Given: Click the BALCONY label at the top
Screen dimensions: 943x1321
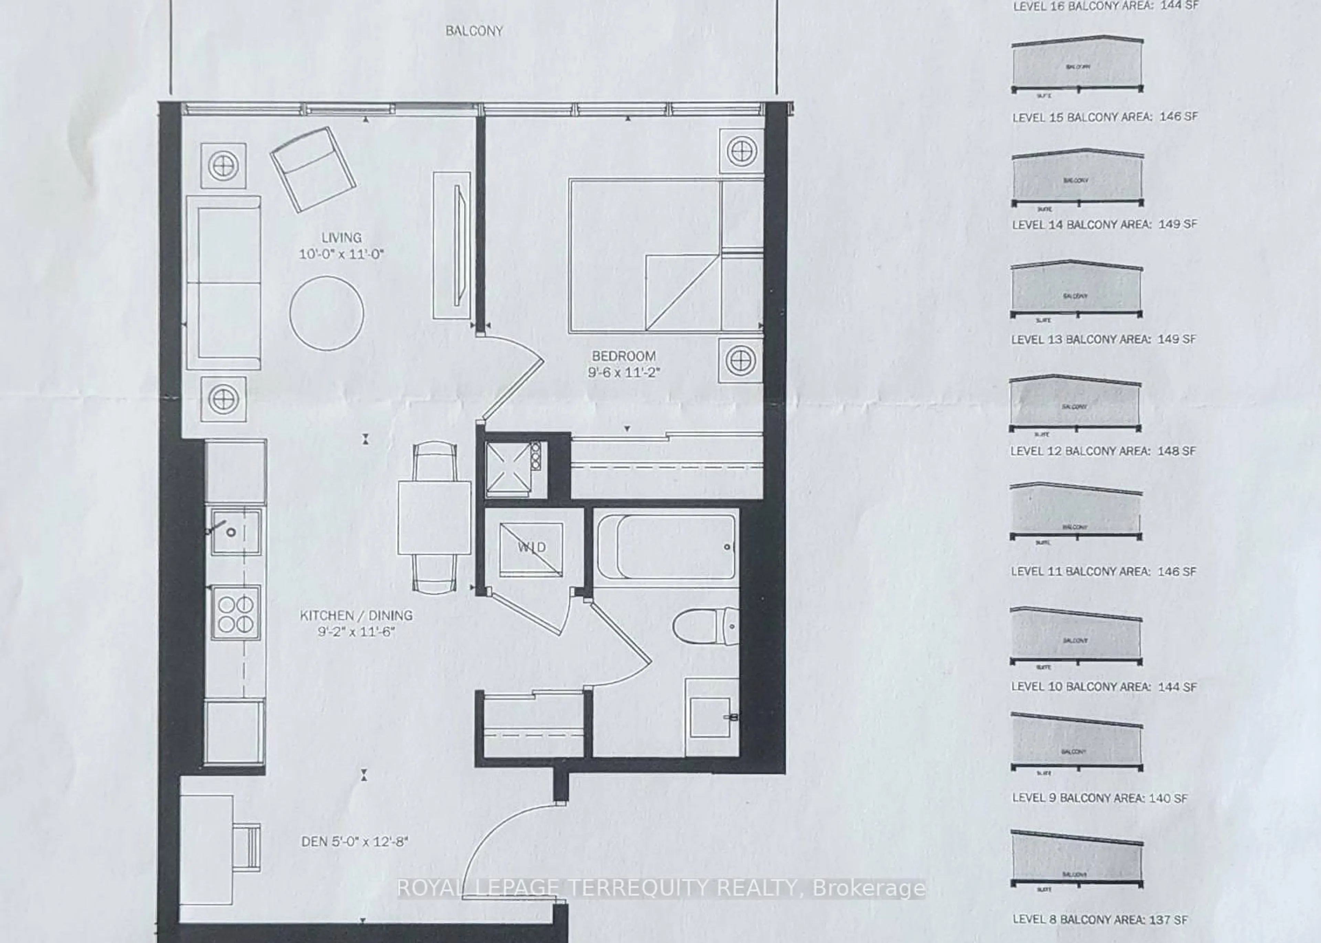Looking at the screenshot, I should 473,31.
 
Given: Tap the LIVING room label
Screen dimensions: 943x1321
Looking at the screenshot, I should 342,238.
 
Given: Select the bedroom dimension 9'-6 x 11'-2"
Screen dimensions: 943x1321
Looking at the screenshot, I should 624,372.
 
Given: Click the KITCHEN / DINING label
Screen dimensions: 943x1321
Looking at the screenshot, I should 356,615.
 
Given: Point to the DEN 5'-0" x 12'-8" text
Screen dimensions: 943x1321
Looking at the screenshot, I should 354,841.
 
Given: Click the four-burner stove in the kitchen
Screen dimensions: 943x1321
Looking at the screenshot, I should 235,614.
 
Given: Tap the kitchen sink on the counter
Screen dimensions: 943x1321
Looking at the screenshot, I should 235,531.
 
